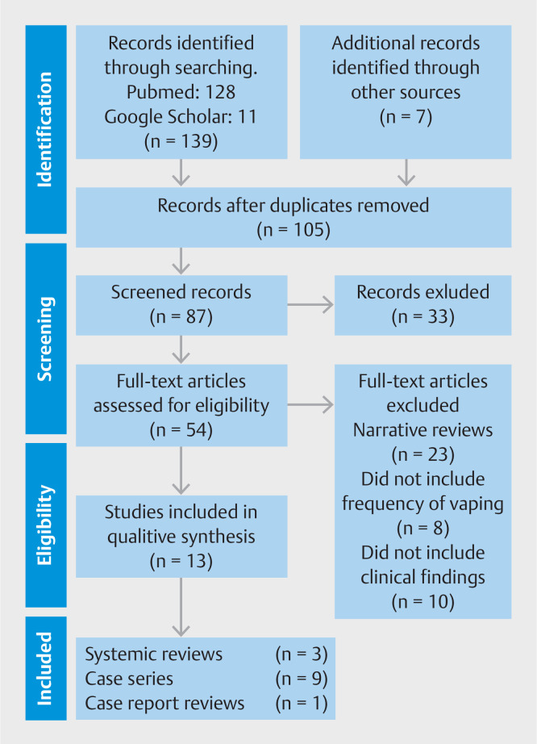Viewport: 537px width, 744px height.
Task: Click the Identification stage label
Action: point(44,130)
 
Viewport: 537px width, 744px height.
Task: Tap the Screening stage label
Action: point(44,339)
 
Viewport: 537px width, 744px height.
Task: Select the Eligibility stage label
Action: point(44,525)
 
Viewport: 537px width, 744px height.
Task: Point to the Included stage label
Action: point(44,668)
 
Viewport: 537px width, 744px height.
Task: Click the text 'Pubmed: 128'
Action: point(181,92)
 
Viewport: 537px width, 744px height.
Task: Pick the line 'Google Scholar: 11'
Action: point(181,117)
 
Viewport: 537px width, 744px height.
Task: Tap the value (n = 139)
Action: point(181,141)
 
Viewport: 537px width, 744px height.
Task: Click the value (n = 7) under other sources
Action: point(406,117)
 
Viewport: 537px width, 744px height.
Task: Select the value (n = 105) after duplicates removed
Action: point(293,230)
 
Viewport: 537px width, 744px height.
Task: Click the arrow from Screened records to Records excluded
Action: point(310,305)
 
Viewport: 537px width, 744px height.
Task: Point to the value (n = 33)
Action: point(423,316)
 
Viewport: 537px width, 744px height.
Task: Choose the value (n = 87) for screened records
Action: point(181,316)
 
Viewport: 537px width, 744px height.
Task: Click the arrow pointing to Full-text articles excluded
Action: point(310,405)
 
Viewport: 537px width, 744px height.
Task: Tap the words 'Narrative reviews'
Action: point(423,430)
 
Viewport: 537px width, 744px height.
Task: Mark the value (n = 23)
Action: point(423,454)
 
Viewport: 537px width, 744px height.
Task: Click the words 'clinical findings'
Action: point(423,578)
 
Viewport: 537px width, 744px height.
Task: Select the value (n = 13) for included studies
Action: point(181,562)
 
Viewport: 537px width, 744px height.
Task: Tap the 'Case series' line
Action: point(129,679)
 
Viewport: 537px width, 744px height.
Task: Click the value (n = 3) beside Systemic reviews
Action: point(302,654)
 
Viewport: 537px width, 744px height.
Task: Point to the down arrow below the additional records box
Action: point(406,172)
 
